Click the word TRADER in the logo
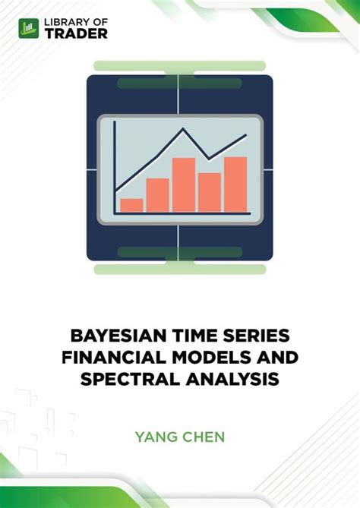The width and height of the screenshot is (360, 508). click(77, 33)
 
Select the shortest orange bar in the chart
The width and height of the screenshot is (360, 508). click(131, 204)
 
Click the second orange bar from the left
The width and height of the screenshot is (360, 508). click(157, 194)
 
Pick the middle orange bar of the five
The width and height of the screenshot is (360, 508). click(184, 185)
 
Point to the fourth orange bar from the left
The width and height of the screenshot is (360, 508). click(210, 192)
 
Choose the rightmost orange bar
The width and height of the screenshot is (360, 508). click(235, 184)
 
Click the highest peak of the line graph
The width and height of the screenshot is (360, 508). click(182, 131)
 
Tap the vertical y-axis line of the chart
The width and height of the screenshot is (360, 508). click(114, 167)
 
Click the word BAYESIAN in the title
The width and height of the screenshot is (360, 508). click(115, 336)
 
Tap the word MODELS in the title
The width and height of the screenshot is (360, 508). click(204, 356)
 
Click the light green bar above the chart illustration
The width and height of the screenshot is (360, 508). click(179, 66)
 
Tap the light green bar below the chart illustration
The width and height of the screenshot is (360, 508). click(179, 269)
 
